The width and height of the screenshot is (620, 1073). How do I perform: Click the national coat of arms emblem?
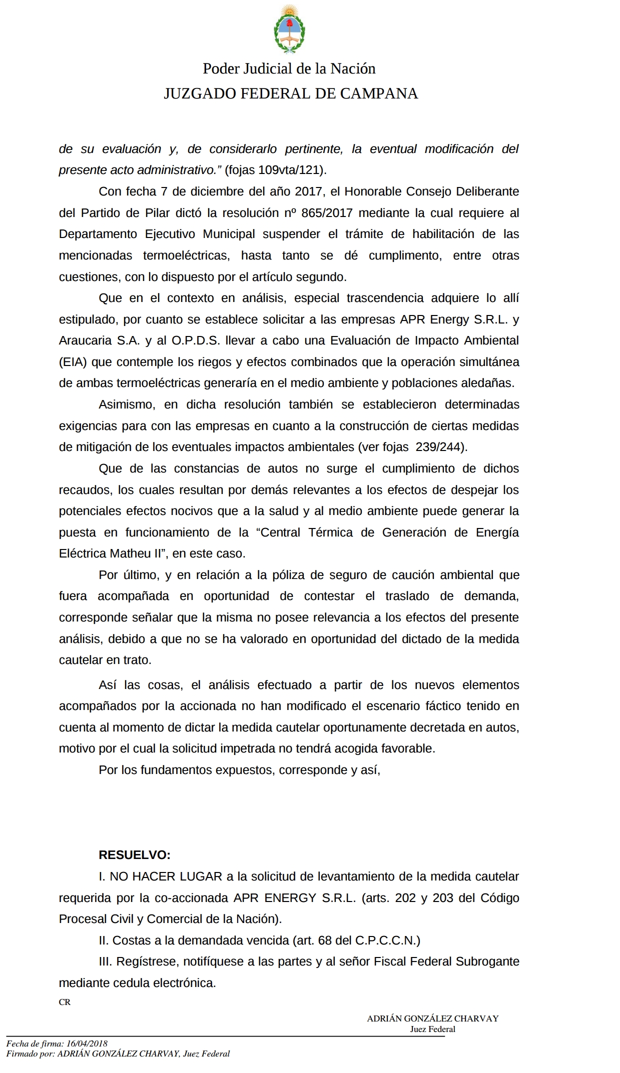[x=289, y=28]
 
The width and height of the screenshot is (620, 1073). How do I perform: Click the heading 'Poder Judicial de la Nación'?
[x=289, y=68]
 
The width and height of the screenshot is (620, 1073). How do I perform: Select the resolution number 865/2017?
[x=327, y=213]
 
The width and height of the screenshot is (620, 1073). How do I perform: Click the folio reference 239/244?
[x=440, y=447]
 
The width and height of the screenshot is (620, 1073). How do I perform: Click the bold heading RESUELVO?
[x=135, y=855]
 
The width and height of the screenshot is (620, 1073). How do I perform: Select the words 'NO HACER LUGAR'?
[x=166, y=876]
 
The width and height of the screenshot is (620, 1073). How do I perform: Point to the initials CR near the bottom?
[x=65, y=1002]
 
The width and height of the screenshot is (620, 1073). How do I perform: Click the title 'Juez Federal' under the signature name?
[x=432, y=1029]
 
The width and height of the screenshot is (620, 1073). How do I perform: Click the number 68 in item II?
[x=325, y=940]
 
